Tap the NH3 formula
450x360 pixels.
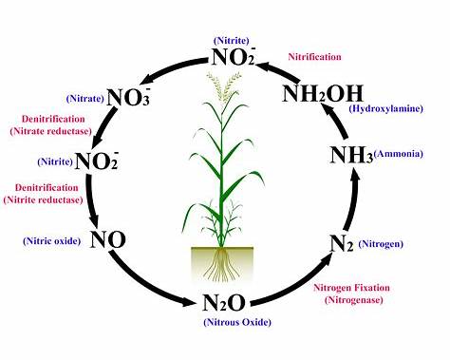click(x=349, y=155)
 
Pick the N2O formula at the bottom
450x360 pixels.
click(x=224, y=305)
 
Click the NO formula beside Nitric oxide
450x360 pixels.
click(x=108, y=239)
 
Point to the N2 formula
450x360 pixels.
click(x=342, y=243)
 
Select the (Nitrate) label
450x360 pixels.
click(x=84, y=98)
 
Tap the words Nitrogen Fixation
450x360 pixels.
click(x=351, y=287)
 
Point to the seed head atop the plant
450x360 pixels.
click(x=224, y=90)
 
